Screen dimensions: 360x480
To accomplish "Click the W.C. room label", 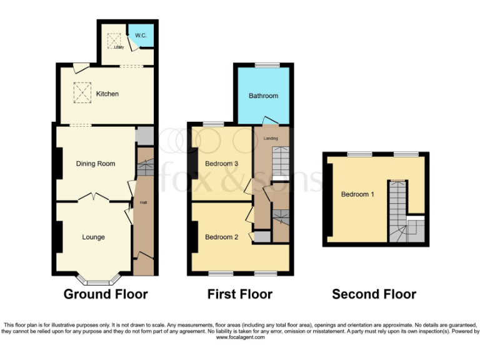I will tap(141, 36).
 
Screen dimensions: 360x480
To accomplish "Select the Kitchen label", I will tap(107, 94).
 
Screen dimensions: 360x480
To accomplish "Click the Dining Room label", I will tap(96, 164).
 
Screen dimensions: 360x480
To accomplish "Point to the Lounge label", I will tap(93, 237).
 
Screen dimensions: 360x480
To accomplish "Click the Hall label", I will tap(143, 202).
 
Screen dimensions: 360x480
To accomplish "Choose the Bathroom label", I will tap(263, 96).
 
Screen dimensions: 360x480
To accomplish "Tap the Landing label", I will tap(271, 138).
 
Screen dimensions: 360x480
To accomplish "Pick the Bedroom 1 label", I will tap(357, 194).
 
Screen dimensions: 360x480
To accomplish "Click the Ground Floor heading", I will tap(106, 294).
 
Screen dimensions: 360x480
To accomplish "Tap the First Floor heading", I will tap(240, 294).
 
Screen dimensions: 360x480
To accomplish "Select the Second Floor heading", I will tap(374, 294).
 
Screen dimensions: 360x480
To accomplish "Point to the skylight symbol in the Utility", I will tap(114, 40).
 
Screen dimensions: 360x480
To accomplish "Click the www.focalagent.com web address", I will tap(240, 337).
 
